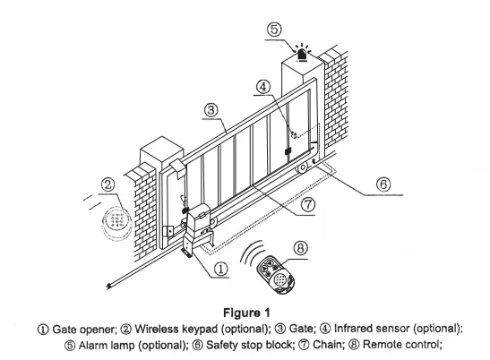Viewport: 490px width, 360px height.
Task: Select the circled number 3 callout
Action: (211, 108)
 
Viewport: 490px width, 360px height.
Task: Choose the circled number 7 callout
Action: (308, 203)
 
